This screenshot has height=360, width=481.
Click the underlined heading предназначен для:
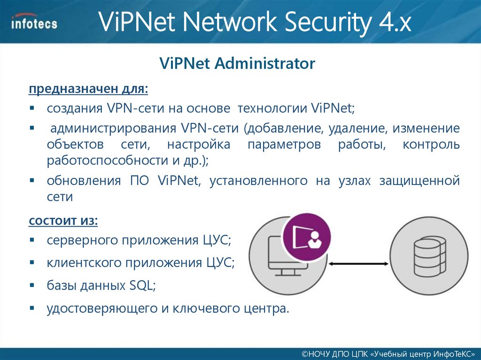tap(88, 89)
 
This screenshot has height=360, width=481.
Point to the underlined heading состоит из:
tap(63, 220)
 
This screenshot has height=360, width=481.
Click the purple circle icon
tap(306, 237)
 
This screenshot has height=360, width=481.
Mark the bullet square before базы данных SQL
tap(32, 285)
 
